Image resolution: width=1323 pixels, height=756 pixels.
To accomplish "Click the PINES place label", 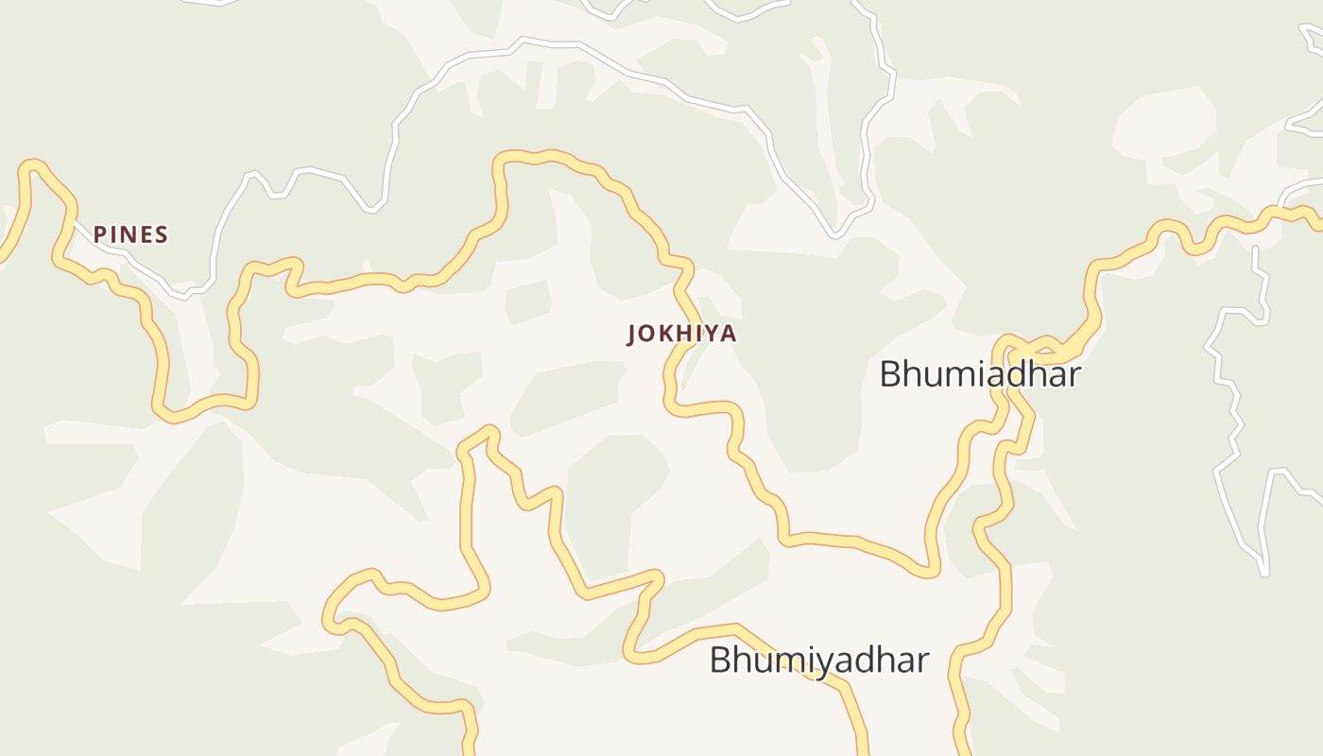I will (130, 234).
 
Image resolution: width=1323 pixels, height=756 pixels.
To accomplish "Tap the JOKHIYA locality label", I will (681, 334).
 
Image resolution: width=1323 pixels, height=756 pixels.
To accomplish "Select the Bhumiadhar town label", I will (980, 374).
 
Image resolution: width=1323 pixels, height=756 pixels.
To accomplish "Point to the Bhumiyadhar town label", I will (819, 660).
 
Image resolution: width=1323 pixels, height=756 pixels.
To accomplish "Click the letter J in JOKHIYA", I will (632, 334).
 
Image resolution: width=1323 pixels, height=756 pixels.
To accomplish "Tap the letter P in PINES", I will (98, 234).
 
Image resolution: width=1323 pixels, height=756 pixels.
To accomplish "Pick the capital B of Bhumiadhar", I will (889, 374).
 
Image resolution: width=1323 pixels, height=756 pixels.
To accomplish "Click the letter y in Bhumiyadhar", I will (817, 661).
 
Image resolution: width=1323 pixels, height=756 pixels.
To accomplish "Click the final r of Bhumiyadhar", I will (922, 660).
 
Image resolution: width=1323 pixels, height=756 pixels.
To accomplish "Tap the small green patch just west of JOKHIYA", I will (528, 301).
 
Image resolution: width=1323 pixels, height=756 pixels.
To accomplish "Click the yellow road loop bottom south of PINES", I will (170, 415).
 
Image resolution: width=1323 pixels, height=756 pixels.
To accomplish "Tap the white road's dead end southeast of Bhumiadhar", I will (1263, 572).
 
